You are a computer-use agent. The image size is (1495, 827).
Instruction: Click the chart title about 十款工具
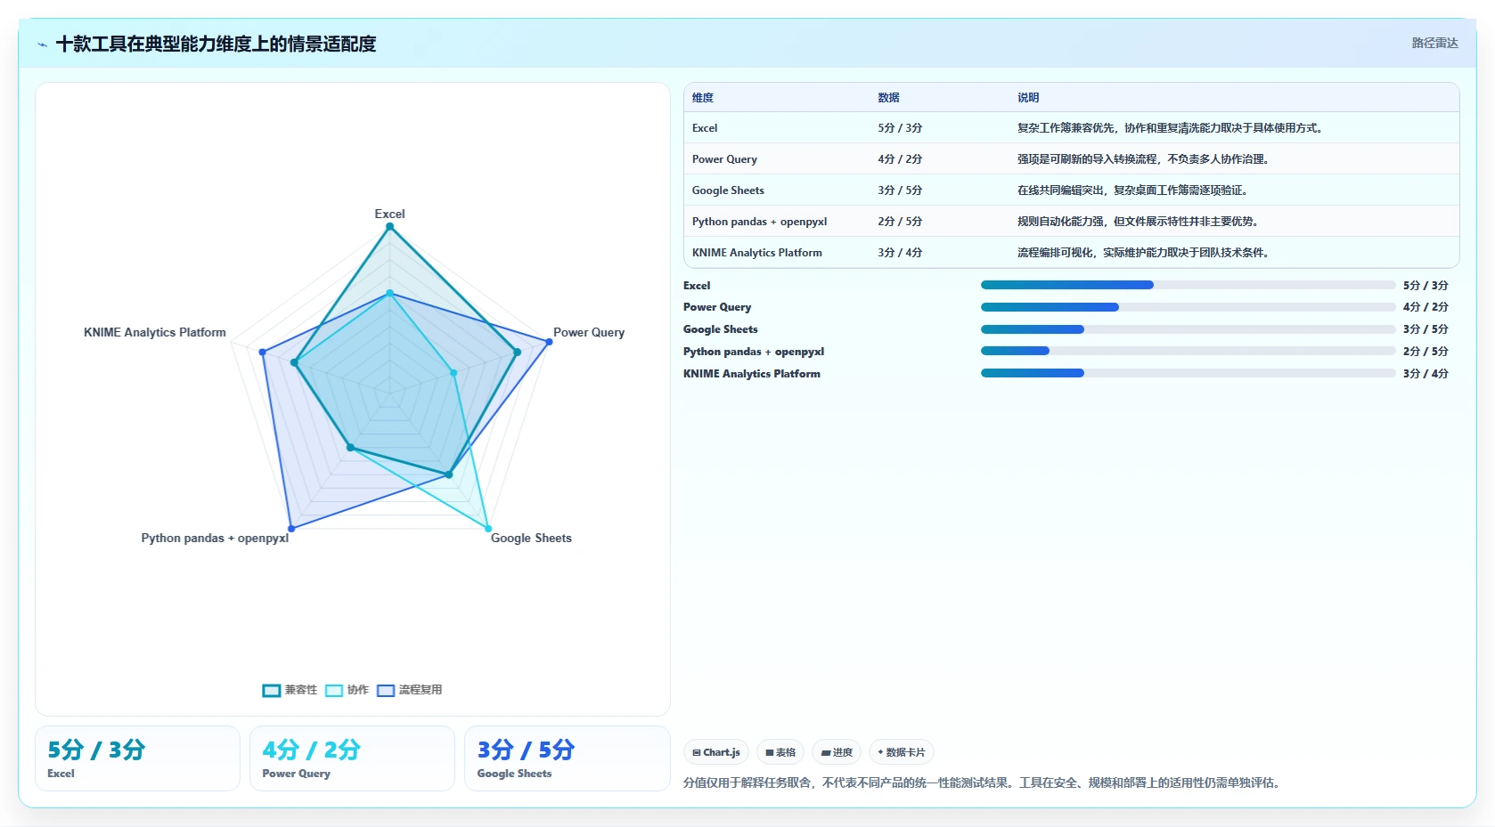click(216, 44)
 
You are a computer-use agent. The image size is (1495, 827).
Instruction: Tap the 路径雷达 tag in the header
click(1434, 43)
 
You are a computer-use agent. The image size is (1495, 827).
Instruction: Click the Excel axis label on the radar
click(389, 214)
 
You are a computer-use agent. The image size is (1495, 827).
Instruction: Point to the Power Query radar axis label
click(589, 332)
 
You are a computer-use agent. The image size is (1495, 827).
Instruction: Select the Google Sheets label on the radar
click(531, 539)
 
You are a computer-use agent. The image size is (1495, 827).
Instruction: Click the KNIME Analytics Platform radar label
click(155, 332)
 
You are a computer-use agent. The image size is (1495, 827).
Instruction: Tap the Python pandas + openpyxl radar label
click(215, 539)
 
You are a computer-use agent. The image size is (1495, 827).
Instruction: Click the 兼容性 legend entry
click(290, 690)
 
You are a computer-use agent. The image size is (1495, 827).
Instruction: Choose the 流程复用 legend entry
click(409, 690)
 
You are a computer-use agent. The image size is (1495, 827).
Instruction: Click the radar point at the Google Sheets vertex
click(488, 529)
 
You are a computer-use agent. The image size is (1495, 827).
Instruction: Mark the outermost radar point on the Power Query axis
click(550, 342)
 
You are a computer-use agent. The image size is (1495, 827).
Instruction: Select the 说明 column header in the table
click(1028, 97)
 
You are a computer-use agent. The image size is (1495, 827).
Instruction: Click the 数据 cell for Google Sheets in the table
click(900, 191)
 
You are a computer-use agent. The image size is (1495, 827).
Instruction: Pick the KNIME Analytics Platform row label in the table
click(756, 253)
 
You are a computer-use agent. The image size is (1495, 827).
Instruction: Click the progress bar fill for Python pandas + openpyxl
click(1015, 351)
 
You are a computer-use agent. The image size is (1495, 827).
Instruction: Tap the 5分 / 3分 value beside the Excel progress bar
click(1426, 286)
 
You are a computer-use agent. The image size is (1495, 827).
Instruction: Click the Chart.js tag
click(716, 752)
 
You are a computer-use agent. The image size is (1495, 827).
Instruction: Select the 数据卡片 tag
click(901, 752)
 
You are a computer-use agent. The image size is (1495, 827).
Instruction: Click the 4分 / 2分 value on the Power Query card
click(311, 750)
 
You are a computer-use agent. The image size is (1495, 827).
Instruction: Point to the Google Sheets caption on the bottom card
click(515, 774)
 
